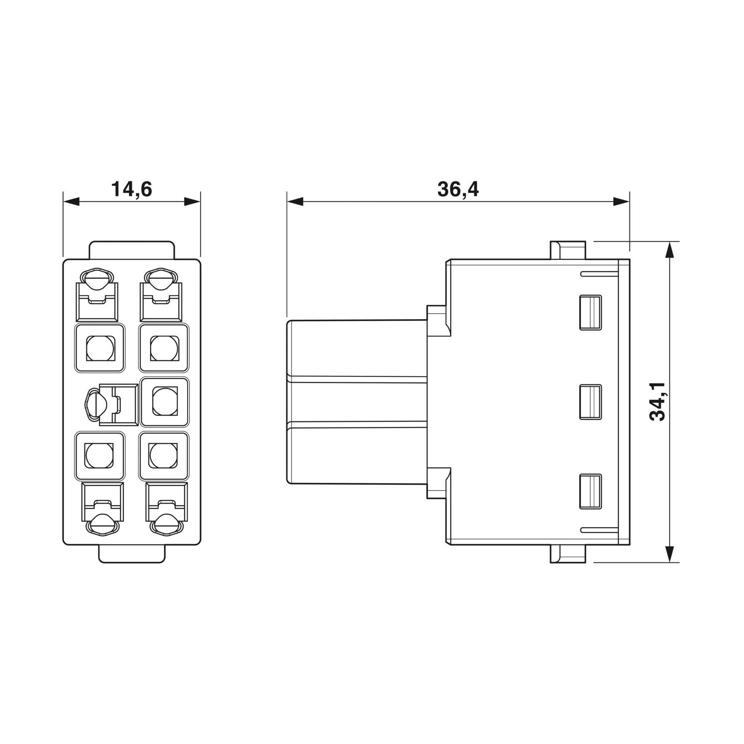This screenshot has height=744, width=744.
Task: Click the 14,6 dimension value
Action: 132,190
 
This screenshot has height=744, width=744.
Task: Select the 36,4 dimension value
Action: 458,190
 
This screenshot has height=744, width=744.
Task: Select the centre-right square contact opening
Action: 165,402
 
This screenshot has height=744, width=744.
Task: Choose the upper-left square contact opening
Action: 100,348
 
